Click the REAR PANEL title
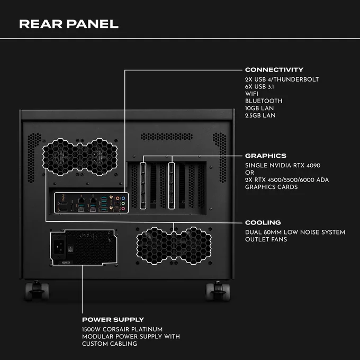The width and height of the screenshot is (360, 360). coord(69,24)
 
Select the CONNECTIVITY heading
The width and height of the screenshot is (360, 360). coord(274,69)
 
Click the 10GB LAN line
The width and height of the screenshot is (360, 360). coord(259,108)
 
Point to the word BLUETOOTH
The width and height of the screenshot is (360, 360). coord(264,101)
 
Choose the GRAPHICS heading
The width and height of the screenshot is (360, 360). coord(266,156)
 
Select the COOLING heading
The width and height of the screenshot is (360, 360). coord(263,222)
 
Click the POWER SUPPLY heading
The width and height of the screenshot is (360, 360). coord(113,320)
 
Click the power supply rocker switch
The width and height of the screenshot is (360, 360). coord(71,248)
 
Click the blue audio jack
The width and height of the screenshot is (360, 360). coord(123,198)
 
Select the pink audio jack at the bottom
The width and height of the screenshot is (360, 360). coord(123,209)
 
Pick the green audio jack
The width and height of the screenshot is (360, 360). coord(123,203)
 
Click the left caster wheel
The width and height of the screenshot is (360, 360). coord(37,291)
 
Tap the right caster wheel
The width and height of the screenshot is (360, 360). coord(218,291)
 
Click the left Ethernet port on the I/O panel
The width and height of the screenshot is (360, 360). coord(81,200)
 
